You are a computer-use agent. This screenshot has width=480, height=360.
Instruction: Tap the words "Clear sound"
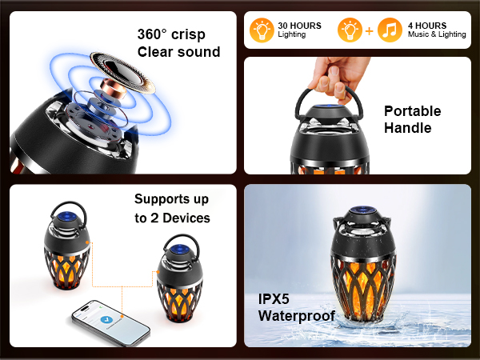178,53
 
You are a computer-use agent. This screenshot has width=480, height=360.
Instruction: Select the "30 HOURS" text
299,26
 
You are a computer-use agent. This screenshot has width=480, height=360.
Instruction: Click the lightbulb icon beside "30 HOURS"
261,30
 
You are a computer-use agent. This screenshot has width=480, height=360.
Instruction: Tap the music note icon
390,30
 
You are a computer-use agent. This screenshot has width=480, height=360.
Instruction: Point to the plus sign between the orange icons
368,30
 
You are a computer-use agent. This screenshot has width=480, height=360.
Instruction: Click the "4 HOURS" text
429,26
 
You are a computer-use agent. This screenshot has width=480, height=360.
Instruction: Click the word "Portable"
412,111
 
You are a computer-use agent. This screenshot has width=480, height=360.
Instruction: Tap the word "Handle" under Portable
407,128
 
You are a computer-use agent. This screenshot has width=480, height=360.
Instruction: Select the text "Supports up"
173,199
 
